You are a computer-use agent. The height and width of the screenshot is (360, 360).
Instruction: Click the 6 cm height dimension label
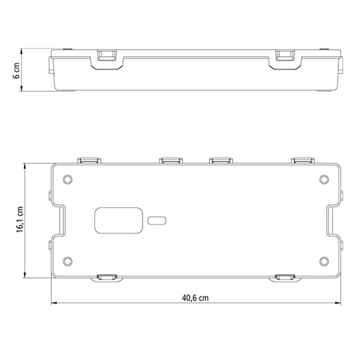17,71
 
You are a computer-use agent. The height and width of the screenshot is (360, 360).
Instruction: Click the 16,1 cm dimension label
19,220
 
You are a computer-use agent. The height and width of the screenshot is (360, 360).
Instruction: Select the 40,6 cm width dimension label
195,298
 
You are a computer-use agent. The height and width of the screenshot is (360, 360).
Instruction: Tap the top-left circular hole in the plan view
68,179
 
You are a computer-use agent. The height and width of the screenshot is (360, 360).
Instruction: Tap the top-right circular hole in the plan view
324,179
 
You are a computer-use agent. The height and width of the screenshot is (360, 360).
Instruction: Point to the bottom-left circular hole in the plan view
68,261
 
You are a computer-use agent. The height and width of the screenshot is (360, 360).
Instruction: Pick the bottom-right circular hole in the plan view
324,261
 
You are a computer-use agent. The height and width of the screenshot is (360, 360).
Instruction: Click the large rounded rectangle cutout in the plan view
119,220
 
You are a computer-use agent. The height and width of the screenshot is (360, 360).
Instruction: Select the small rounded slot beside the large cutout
157,220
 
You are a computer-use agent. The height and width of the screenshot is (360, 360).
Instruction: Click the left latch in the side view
107,55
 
